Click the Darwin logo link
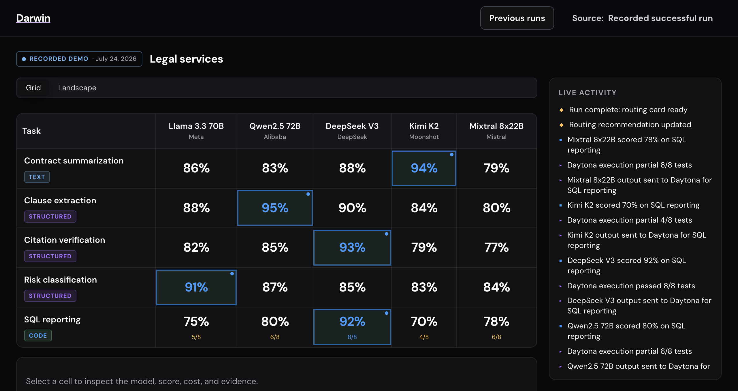tap(33, 18)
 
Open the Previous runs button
tap(517, 18)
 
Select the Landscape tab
tap(77, 88)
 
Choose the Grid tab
tap(33, 88)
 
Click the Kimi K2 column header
tap(424, 131)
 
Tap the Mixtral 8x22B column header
tap(496, 131)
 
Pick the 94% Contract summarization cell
tap(424, 168)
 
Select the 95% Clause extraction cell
tap(275, 208)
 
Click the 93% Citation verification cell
tap(352, 247)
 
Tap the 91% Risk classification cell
tap(196, 287)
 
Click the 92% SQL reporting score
tap(352, 322)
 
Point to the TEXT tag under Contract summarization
tap(37, 177)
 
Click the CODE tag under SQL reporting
tap(38, 336)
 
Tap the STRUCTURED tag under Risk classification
tap(50, 296)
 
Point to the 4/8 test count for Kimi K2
tap(424, 337)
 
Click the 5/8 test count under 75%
tap(196, 337)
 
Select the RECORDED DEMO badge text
tap(59, 59)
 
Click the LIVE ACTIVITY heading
tap(588, 93)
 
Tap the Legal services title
tap(186, 59)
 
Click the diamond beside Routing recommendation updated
tap(561, 125)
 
